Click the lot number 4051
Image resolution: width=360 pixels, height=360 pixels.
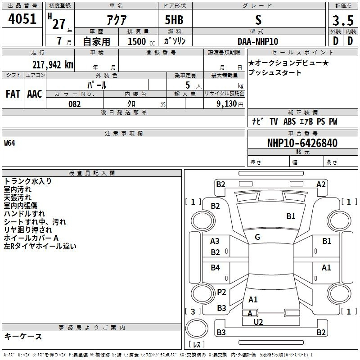pos(22,19)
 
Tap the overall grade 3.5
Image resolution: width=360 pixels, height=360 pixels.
pos(343,21)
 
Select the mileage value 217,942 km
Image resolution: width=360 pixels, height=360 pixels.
pos(53,65)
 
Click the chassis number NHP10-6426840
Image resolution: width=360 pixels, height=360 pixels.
pos(302,143)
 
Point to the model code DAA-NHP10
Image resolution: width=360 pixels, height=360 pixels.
pos(258,41)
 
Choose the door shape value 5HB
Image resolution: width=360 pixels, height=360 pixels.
pos(174,20)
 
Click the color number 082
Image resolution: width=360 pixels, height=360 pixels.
pos(75,104)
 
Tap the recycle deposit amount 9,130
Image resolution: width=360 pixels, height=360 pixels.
pos(227,104)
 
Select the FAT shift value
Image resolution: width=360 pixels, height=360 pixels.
pos(13,94)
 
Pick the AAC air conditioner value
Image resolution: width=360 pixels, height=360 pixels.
pos(35,94)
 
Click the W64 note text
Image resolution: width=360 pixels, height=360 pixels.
pos(9,143)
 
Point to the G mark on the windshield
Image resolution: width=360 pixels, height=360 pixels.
pos(257,237)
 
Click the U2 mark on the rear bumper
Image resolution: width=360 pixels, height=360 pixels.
pos(258,322)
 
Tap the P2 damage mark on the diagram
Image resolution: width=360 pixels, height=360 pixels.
pos(221,292)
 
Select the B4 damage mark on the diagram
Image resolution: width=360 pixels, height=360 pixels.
pos(216,267)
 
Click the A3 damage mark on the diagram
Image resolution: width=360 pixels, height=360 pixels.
pos(215,241)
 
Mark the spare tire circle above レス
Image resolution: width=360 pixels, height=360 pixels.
pos(197,328)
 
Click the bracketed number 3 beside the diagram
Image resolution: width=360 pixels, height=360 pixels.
pos(193,311)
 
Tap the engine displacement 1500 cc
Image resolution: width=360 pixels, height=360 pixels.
pos(141,41)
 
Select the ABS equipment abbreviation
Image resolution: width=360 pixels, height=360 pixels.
pos(289,121)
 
